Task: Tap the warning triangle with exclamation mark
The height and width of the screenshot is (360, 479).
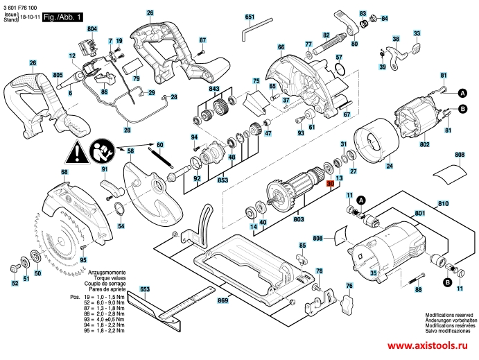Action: click(x=78, y=151)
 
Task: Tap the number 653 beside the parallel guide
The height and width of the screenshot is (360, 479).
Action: click(x=145, y=288)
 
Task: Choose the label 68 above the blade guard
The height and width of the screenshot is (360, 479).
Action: click(x=64, y=172)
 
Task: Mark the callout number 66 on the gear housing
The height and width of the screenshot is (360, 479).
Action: click(x=281, y=47)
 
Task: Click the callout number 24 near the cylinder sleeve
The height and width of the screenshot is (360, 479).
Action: click(x=389, y=166)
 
